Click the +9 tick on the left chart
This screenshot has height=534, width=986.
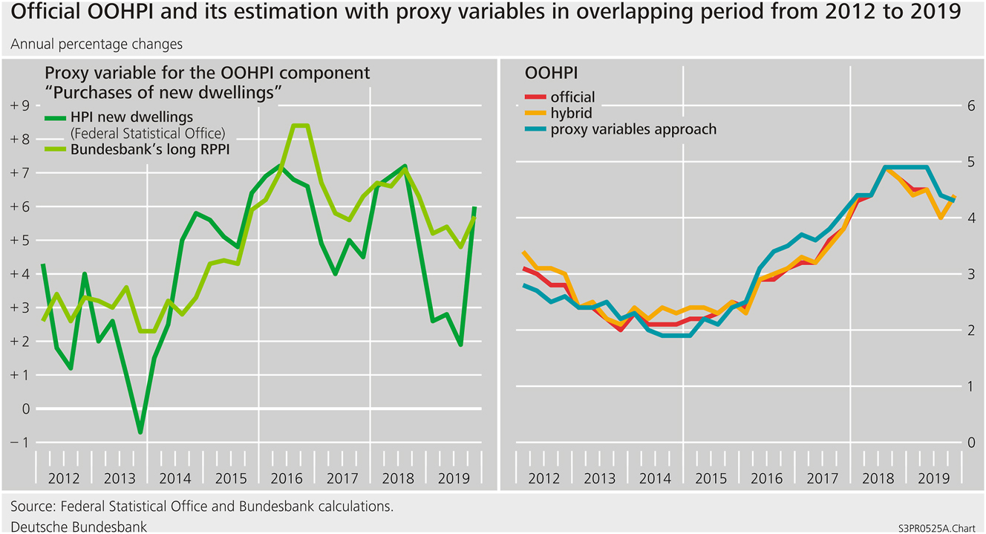pos(19,105)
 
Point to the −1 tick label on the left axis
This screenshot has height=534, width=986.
pos(19,443)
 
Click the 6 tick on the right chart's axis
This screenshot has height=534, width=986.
pos(966,105)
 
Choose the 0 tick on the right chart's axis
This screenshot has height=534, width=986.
pos(966,443)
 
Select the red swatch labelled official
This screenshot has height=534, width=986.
pos(535,97)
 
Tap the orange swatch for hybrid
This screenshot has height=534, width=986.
pos(535,113)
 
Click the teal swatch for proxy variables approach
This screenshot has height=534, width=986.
pos(535,129)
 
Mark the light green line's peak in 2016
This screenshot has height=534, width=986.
pos(301,126)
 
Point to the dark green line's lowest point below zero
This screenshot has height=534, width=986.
pos(140,432)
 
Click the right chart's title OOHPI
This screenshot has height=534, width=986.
pos(552,74)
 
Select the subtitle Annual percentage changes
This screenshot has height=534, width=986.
pos(97,44)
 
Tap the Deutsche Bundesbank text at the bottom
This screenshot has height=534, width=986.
pos(79,526)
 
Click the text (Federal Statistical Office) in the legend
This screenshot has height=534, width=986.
pos(148,134)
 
